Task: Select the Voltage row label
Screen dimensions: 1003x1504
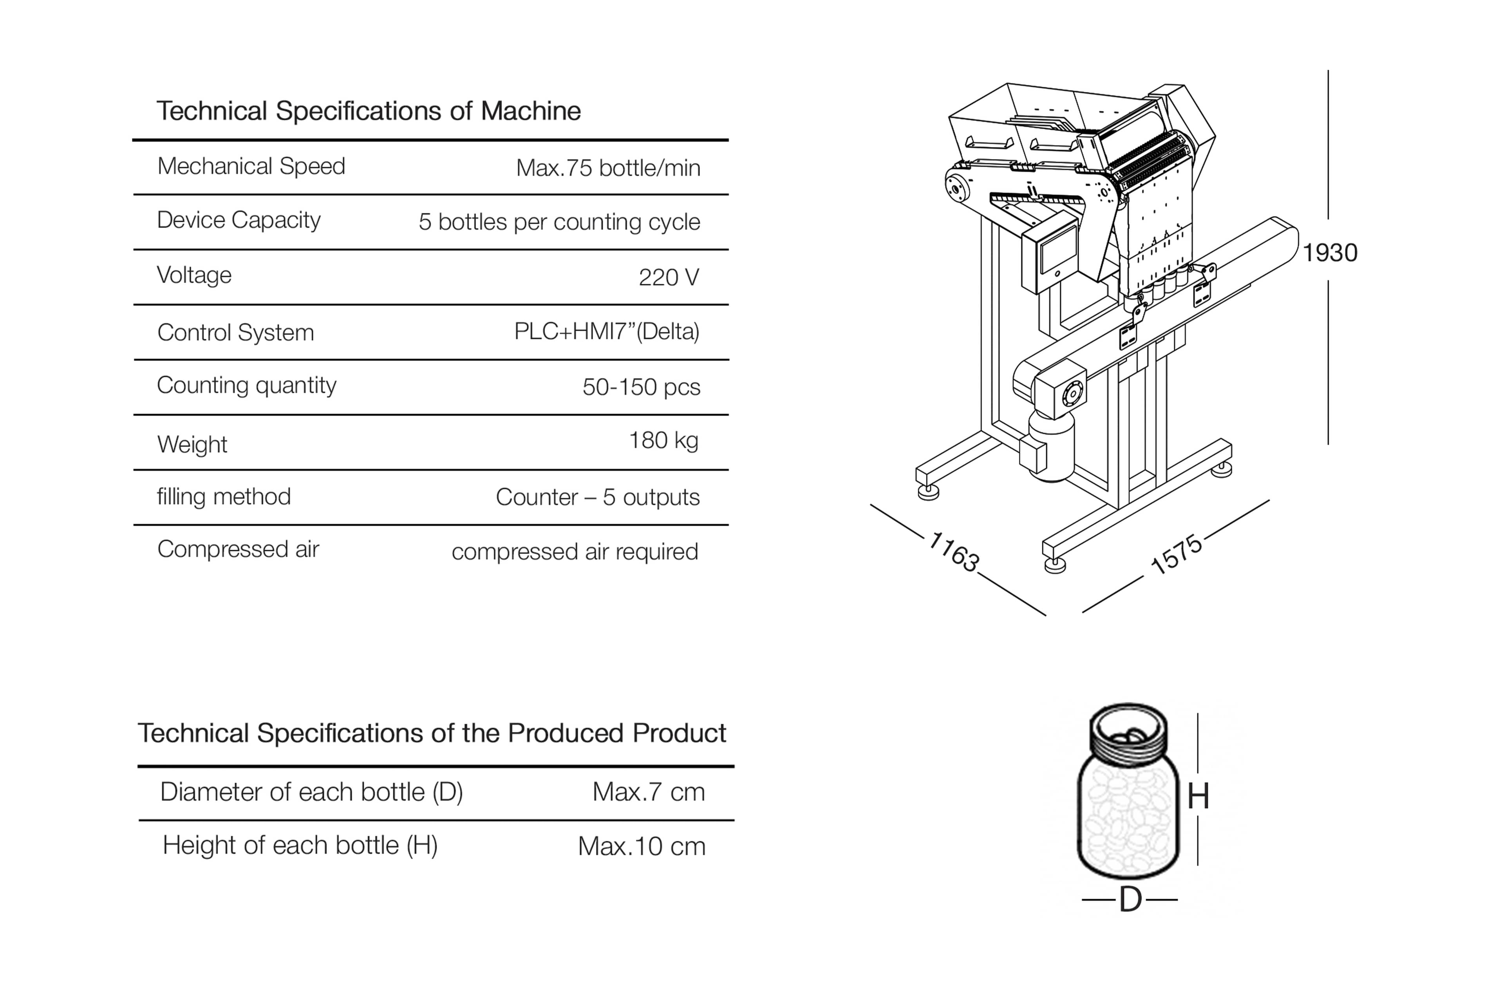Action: [x=194, y=275]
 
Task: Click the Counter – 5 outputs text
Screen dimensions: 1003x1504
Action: [x=597, y=497]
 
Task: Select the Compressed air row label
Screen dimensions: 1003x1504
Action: [x=238, y=549]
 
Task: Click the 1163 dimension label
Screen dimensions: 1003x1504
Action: [x=953, y=551]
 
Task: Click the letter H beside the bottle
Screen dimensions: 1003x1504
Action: [x=1198, y=797]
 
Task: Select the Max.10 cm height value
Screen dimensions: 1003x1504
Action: [x=642, y=846]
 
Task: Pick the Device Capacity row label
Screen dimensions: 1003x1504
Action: [x=239, y=220]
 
